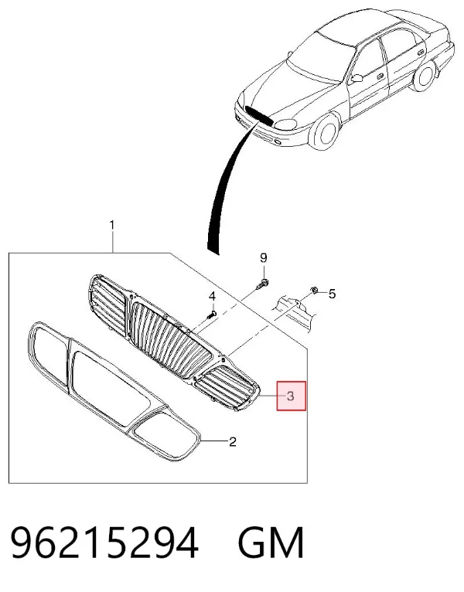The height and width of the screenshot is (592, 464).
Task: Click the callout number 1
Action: click(112, 226)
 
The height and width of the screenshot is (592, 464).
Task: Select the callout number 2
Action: click(233, 441)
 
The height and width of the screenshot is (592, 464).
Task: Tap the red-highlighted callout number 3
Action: click(291, 396)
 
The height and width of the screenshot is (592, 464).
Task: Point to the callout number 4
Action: click(213, 296)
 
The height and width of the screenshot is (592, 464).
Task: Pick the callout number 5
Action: click(332, 294)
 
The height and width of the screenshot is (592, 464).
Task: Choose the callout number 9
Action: click(264, 258)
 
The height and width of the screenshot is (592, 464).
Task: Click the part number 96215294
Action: click(104, 543)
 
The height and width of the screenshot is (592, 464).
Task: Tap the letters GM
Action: click(271, 543)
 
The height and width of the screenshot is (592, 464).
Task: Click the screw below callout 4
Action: click(213, 314)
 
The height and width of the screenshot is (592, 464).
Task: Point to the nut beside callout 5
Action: click(314, 290)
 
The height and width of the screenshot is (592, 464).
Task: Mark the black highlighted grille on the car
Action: click(259, 115)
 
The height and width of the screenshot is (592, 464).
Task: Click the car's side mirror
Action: click(357, 78)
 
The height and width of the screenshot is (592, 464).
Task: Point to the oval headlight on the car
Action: click(286, 124)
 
